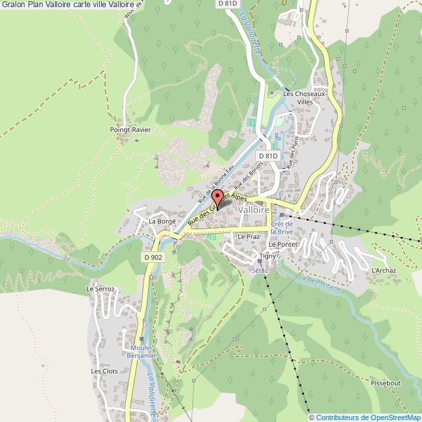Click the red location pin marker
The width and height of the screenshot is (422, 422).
click(218, 198)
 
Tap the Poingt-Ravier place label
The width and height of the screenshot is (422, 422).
click(130, 130)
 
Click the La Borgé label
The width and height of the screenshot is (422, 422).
click(162, 221)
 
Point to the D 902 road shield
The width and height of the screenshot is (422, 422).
click(153, 257)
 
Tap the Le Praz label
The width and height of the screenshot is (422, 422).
click(248, 237)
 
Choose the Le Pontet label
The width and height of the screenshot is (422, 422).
click(282, 244)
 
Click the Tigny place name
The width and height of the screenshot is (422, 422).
click(267, 256)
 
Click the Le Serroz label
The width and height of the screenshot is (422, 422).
click(100, 289)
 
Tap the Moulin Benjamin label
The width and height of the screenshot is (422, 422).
click(142, 352)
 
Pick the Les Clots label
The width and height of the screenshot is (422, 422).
click(104, 371)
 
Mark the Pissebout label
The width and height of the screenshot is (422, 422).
click(386, 383)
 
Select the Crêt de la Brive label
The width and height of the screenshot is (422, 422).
click(282, 227)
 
